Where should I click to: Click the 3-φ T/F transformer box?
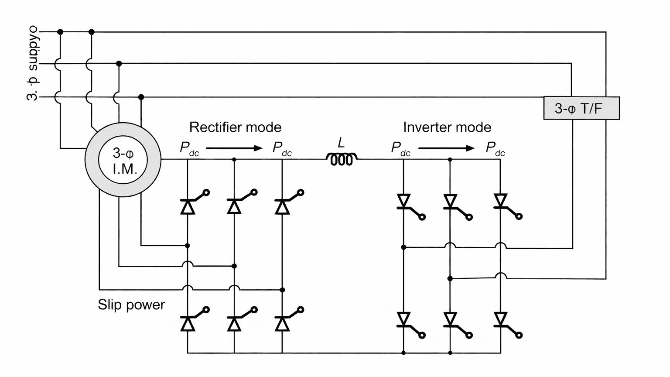coord(581,108)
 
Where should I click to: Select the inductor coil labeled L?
coord(341,159)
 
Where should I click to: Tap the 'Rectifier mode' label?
coord(235,127)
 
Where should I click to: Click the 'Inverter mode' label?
coord(447,127)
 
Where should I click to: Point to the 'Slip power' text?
coord(131,305)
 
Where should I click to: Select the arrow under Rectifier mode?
coord(234,148)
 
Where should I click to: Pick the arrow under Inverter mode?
coord(446,148)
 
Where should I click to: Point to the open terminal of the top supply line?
coord(38,31)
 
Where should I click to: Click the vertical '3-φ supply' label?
coord(33,65)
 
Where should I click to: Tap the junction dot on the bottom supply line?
coord(141,97)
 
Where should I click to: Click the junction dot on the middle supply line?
coord(119,64)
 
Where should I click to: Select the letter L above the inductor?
coord(341,142)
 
